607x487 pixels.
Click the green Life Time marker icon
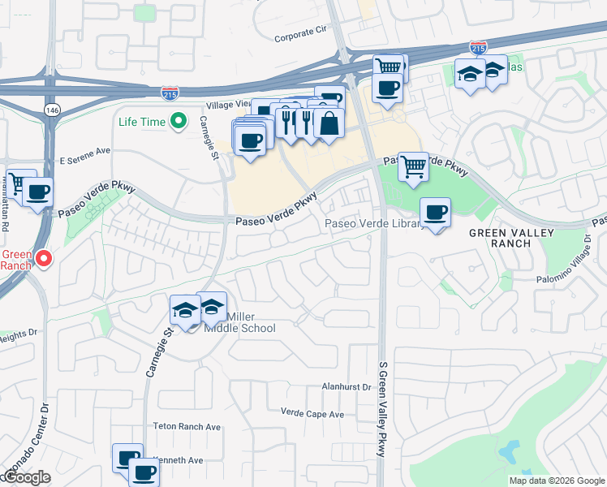click(179, 123)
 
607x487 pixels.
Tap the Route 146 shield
click(53, 110)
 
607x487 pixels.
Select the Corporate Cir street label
click(299, 34)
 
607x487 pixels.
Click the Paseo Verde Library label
click(373, 224)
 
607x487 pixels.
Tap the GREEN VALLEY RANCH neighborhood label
click(512, 238)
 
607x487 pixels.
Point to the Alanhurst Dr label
click(346, 387)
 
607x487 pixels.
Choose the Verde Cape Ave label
click(312, 414)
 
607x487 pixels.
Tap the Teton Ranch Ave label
click(187, 426)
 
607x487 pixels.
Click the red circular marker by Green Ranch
click(44, 259)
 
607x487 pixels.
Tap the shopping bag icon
click(329, 124)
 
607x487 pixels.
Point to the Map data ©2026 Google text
click(556, 481)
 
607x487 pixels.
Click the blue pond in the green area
click(511, 450)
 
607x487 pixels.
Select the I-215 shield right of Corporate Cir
click(480, 49)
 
